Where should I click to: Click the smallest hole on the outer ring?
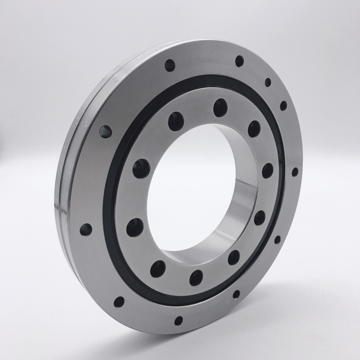pyautogui.click(x=268, y=82)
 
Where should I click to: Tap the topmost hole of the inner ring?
pyautogui.click(x=220, y=108)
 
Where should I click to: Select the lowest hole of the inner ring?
pyautogui.click(x=196, y=277)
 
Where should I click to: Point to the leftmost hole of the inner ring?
pyautogui.click(x=135, y=227)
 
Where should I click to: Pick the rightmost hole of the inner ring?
pyautogui.click(x=268, y=170)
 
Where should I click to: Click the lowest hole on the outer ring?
pyautogui.click(x=179, y=320)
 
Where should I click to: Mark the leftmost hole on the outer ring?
pyautogui.click(x=85, y=229)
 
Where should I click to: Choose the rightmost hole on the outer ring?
pyautogui.click(x=295, y=172)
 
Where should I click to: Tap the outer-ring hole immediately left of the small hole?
pyautogui.click(x=239, y=61)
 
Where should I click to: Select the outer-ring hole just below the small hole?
pyautogui.click(x=283, y=106)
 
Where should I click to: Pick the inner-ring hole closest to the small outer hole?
pyautogui.click(x=254, y=129)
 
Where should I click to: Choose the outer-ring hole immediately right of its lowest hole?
pyautogui.click(x=236, y=294)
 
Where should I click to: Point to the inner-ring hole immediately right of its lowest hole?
pyautogui.click(x=234, y=257)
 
